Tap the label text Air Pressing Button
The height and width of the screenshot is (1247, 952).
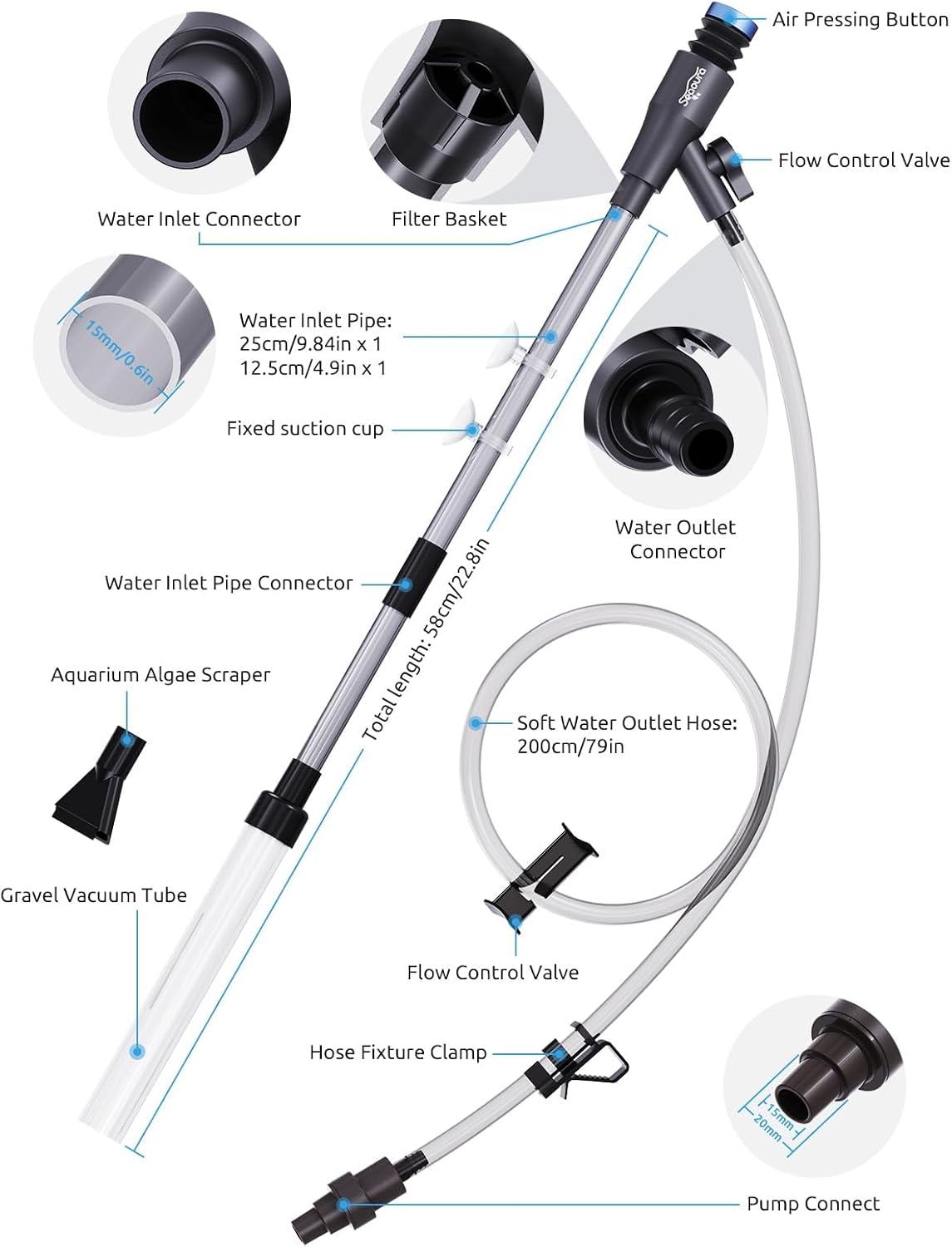point(860,20)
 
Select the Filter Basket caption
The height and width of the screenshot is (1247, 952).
point(449,219)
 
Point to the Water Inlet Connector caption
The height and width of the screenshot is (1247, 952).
point(199,219)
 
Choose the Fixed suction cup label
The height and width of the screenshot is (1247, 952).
point(305,429)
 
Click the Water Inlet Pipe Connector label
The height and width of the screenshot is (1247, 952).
point(229,583)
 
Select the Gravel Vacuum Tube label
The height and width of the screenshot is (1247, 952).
point(93,895)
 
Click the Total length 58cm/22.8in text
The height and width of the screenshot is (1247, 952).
point(426,639)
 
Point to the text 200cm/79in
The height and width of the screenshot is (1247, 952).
point(570,747)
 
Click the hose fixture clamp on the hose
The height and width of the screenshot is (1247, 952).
point(582,1060)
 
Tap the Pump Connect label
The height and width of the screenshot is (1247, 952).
point(812,1204)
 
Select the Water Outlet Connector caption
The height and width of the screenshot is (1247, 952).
point(676,539)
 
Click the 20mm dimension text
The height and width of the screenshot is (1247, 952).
point(767,1127)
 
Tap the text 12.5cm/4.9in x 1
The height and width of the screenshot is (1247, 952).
point(313,367)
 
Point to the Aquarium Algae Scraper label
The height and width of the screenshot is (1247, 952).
point(160,675)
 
